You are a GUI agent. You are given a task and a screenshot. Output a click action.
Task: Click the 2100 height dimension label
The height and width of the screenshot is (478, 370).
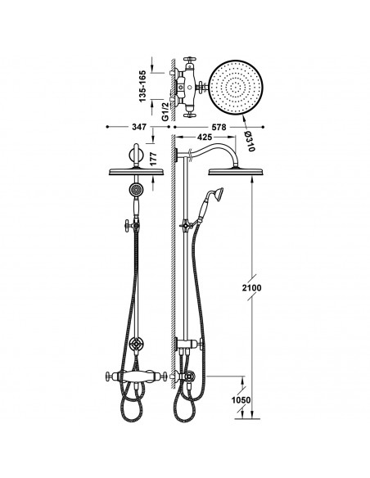point(251,288)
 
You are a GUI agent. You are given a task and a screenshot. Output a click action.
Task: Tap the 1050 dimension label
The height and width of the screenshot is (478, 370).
point(241,399)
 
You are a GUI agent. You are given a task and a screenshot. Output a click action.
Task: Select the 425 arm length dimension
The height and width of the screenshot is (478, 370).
point(205,138)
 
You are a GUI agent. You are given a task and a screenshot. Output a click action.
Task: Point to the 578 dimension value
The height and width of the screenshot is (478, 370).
point(219,127)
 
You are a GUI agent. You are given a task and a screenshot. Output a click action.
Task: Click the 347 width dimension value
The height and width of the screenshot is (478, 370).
point(139,127)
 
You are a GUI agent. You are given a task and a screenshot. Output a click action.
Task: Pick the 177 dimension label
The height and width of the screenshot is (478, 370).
point(153,159)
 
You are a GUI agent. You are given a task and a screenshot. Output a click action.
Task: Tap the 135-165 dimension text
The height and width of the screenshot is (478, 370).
point(142,87)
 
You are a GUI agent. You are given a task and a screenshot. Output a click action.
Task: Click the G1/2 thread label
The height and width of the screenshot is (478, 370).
point(165,112)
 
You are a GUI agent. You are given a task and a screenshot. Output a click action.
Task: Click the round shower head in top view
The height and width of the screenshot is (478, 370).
point(235,87)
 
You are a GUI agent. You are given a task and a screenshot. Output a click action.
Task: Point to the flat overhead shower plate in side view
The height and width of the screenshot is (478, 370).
point(235,172)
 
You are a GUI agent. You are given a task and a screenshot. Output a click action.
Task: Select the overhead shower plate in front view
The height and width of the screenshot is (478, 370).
point(136,172)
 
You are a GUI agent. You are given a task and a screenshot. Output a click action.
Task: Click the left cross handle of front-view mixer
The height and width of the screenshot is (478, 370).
point(111,377)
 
